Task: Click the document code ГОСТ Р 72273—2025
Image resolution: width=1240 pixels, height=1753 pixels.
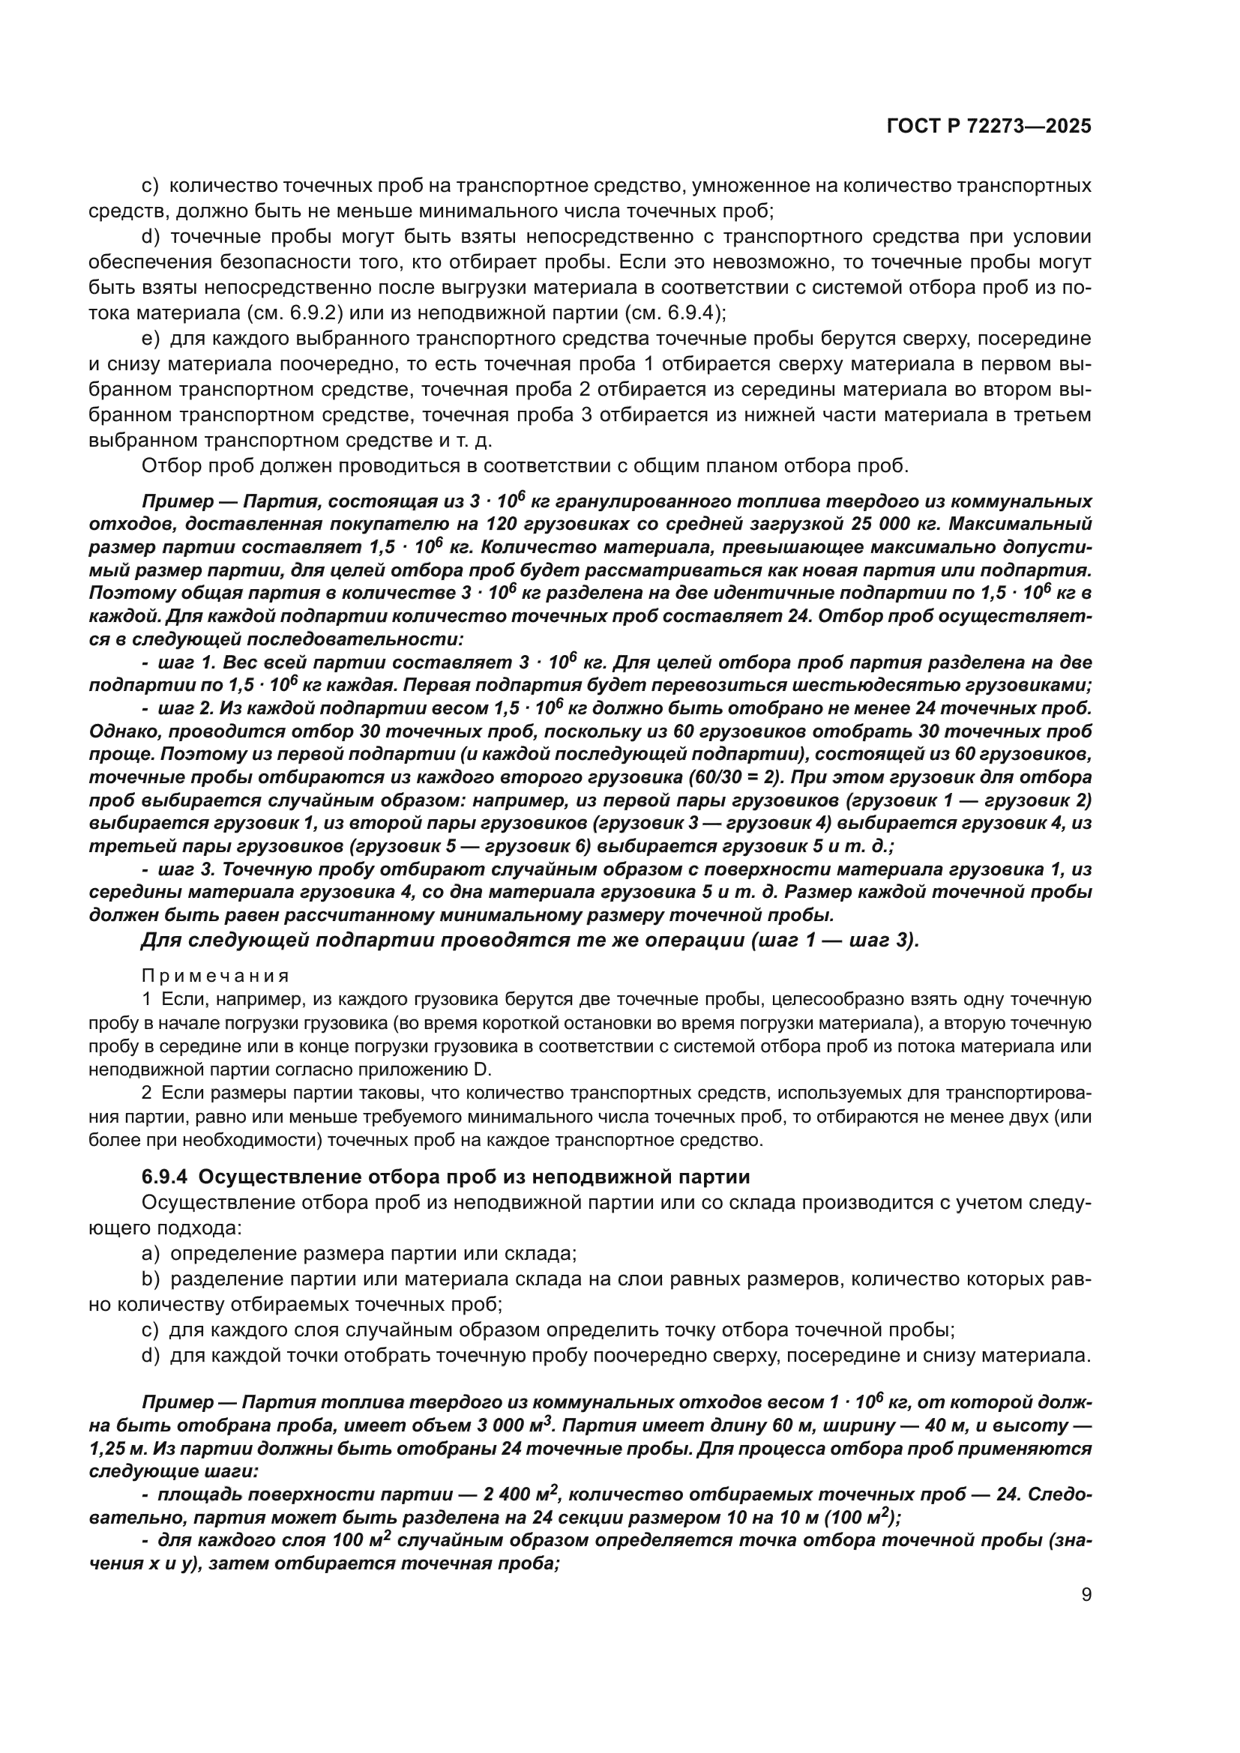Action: coord(989,127)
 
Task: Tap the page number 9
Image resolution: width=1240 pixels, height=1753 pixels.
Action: coord(1086,1595)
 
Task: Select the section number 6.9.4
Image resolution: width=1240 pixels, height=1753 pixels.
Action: coord(163,1177)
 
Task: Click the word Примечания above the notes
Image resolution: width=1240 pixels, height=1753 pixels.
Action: coord(216,977)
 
